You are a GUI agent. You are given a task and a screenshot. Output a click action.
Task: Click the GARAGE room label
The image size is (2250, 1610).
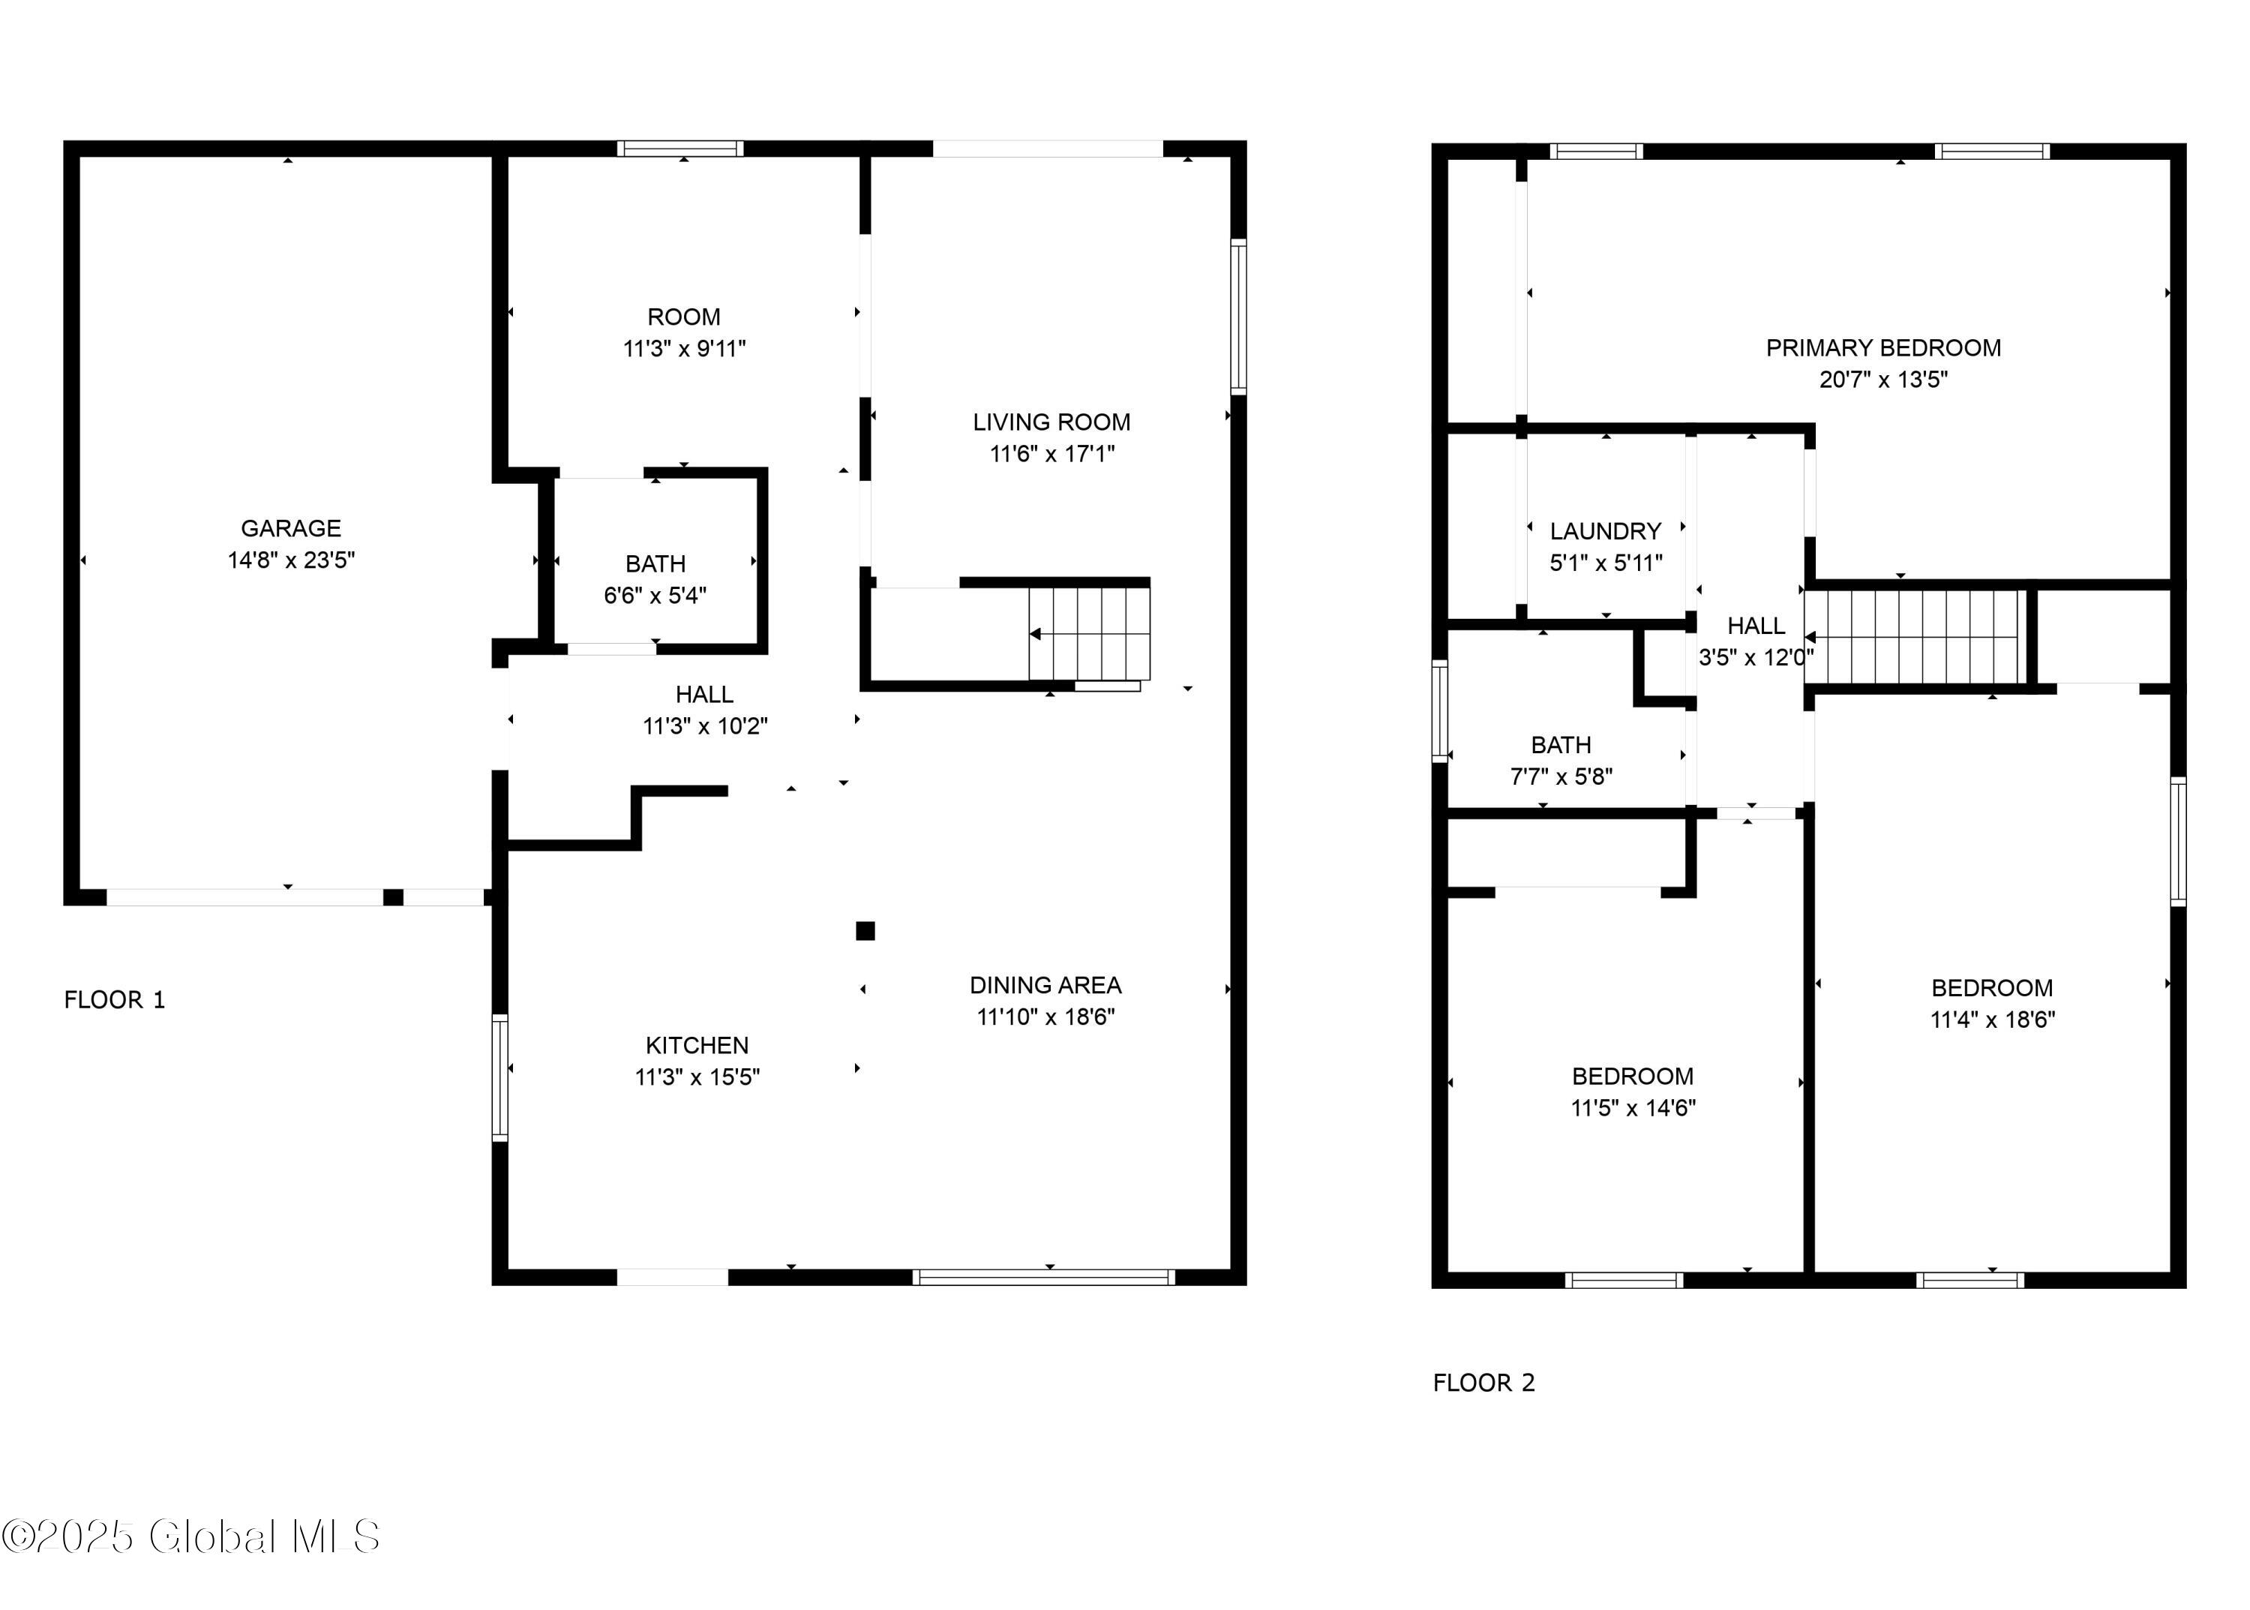click(290, 528)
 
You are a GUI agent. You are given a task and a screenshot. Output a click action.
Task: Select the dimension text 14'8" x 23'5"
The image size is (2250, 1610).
click(290, 560)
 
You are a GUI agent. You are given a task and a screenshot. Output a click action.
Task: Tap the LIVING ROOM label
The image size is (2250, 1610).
click(1051, 422)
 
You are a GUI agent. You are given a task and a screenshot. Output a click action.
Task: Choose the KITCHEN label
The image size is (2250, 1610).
click(697, 1045)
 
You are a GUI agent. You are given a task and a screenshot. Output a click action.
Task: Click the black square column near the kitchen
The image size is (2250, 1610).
click(865, 930)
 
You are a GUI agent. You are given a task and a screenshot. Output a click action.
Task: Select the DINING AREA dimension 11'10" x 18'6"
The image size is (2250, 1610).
click(1045, 1016)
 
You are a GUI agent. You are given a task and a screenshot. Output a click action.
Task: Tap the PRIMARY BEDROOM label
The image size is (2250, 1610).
click(1882, 348)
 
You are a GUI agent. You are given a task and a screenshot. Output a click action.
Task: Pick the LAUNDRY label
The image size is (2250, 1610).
click(1605, 531)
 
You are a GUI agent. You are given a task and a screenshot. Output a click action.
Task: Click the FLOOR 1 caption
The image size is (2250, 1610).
click(114, 999)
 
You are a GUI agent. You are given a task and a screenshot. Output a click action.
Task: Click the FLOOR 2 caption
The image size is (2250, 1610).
click(1483, 1383)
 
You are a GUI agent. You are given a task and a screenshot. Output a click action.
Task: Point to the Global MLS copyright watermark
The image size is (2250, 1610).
click(190, 1536)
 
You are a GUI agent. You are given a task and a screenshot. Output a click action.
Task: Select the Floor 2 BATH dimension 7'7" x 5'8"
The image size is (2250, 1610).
click(1560, 776)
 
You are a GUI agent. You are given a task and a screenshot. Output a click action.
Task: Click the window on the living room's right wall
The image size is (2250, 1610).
click(1238, 317)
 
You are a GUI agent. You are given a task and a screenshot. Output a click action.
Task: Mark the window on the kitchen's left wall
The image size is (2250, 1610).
click(499, 1077)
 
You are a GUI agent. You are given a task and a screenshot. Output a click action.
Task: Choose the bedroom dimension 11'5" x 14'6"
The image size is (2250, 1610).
click(1633, 1107)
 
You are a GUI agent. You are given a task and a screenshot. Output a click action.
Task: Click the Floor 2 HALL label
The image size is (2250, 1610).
click(1756, 626)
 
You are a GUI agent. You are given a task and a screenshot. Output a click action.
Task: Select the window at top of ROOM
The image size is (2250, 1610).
click(680, 149)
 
